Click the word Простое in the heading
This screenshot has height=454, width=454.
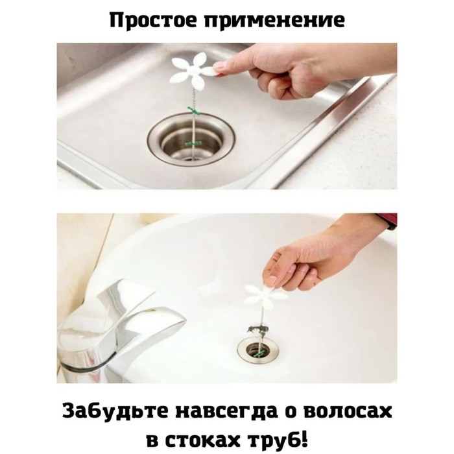[154, 21]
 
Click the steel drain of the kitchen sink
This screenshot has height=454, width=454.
[191, 139]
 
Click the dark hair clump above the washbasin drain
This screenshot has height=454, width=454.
[256, 329]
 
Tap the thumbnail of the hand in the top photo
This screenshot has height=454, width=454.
[219, 68]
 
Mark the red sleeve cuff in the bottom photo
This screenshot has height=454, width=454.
[387, 221]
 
